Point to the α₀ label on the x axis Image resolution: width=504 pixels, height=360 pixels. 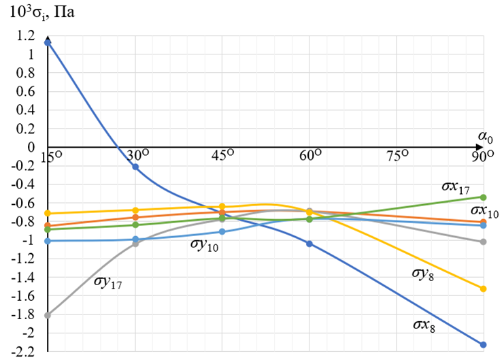484,138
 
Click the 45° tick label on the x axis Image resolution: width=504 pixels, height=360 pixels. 224,156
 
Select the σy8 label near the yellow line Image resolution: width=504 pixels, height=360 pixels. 425,274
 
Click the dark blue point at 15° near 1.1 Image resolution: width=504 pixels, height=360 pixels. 48,42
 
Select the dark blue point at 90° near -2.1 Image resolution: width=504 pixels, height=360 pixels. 484,344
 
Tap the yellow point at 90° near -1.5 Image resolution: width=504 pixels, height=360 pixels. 484,289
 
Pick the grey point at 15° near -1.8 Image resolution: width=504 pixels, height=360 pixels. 48,315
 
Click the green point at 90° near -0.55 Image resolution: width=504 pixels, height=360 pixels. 484,197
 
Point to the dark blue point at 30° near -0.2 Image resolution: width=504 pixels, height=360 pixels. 135,167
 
